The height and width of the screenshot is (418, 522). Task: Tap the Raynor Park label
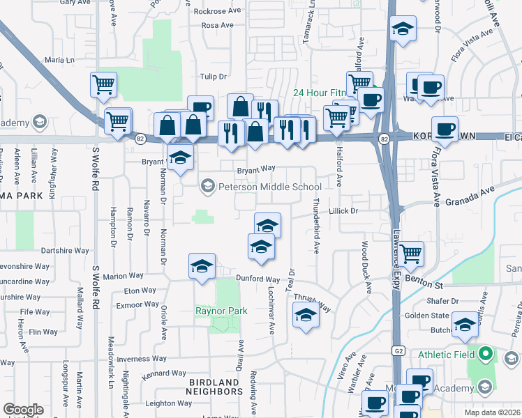(x=222, y=310)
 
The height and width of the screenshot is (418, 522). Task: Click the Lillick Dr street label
(x=343, y=210)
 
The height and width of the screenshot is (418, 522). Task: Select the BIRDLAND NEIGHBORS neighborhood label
(x=215, y=387)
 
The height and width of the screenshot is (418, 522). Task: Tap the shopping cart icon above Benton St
(x=411, y=254)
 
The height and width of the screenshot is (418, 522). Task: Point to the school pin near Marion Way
(x=202, y=268)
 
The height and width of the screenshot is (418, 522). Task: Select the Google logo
(x=23, y=410)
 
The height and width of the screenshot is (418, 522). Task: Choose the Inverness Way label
(x=142, y=359)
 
